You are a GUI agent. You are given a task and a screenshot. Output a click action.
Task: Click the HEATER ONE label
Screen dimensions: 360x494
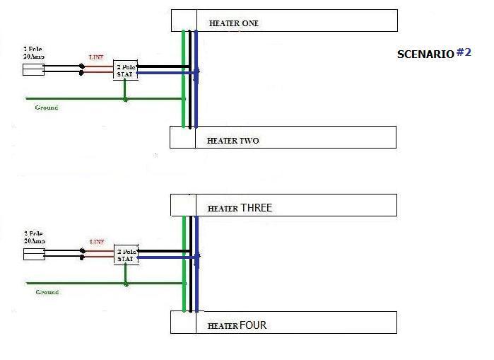pyautogui.click(x=233, y=23)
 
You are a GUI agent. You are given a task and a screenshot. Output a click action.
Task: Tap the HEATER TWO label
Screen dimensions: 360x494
pyautogui.click(x=233, y=141)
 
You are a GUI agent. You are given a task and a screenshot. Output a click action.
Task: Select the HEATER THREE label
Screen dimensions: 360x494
pyautogui.click(x=240, y=208)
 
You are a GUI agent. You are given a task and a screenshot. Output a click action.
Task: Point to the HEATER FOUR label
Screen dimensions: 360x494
pyautogui.click(x=237, y=326)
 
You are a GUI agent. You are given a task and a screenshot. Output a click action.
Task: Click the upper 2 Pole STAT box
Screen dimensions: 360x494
pyautogui.click(x=125, y=69)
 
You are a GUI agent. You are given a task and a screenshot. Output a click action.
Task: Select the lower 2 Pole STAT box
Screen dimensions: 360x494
pyautogui.click(x=126, y=255)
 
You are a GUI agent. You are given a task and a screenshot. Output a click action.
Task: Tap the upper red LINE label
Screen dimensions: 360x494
pyautogui.click(x=97, y=57)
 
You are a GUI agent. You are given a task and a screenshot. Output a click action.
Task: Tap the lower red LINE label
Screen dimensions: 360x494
pyautogui.click(x=97, y=242)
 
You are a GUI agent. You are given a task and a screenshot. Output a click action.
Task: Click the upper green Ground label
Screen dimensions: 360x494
pyautogui.click(x=47, y=108)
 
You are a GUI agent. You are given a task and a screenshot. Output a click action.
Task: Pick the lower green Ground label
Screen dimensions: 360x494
pyautogui.click(x=47, y=291)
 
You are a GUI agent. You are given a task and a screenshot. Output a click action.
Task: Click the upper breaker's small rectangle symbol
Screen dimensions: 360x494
pyautogui.click(x=34, y=69)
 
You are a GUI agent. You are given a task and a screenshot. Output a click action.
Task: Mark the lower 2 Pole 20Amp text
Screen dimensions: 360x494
pyautogui.click(x=34, y=237)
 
